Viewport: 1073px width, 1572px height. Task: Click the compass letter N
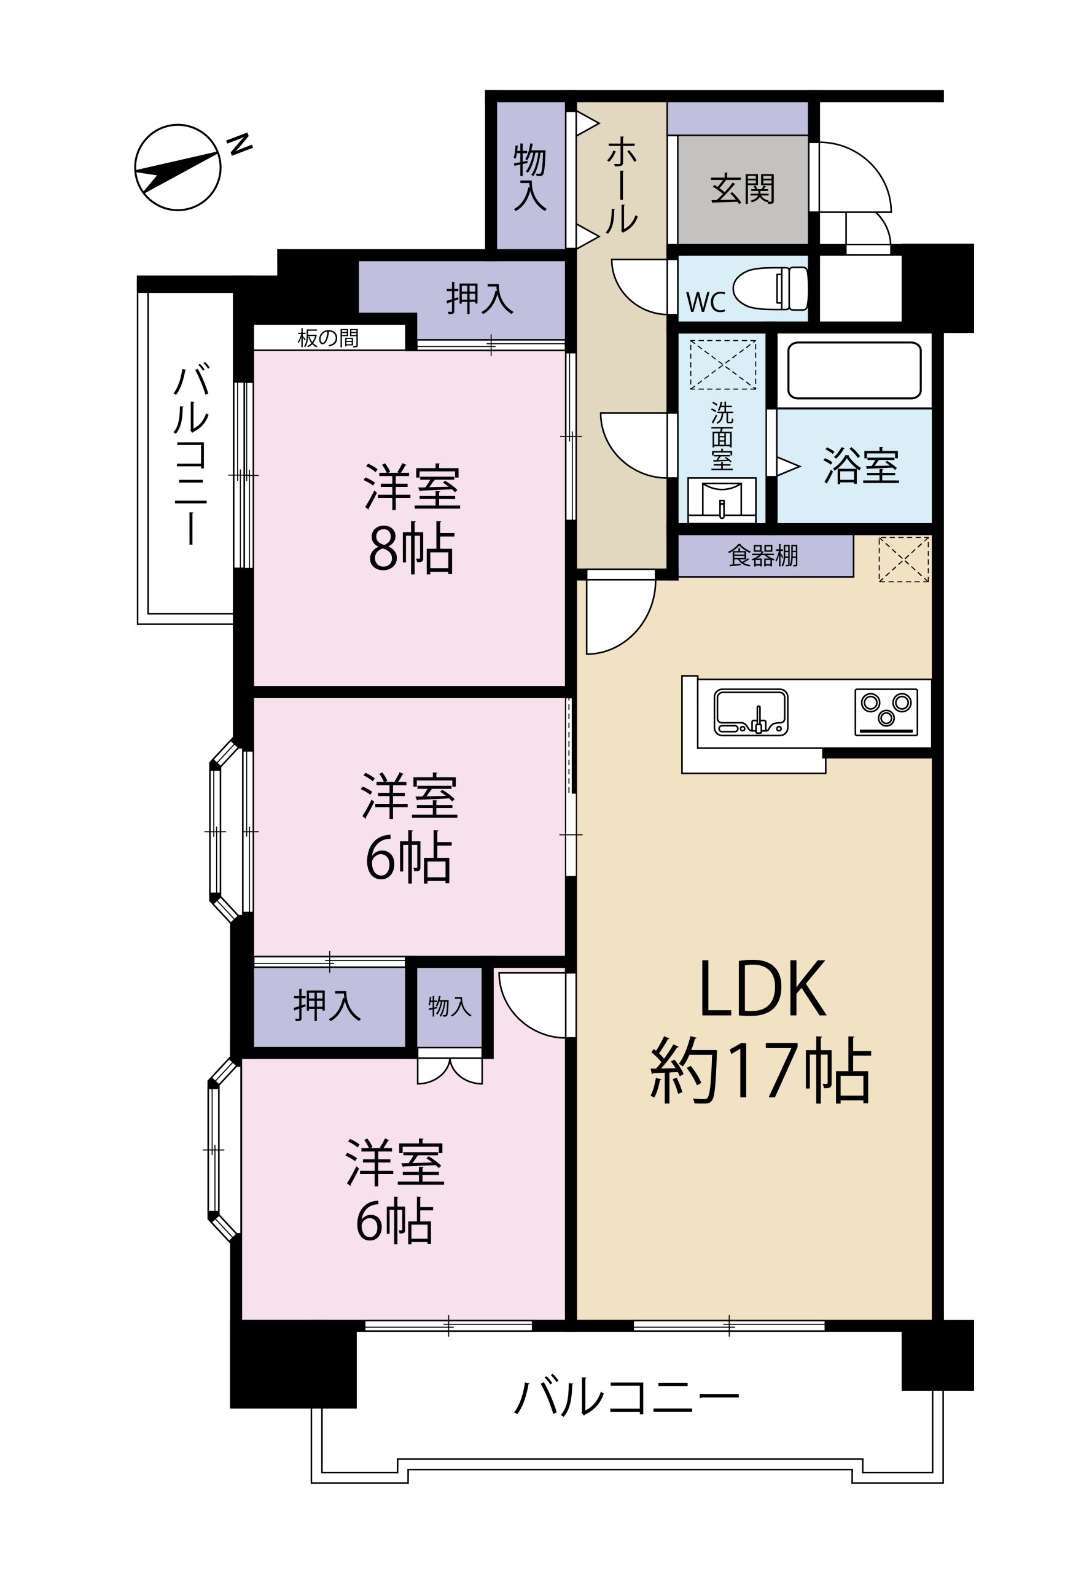tap(240, 144)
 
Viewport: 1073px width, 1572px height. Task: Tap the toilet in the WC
tap(771, 288)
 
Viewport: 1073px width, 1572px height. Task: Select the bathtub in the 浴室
tap(854, 370)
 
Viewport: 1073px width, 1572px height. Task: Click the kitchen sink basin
tap(751, 712)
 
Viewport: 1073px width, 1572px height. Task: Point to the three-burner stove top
tap(886, 712)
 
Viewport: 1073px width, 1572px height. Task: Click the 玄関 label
tap(742, 189)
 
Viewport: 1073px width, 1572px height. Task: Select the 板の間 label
tap(328, 338)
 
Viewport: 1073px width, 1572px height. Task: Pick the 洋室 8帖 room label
tap(412, 518)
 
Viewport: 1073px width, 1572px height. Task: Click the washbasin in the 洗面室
tap(722, 500)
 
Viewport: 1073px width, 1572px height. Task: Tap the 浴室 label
tap(860, 465)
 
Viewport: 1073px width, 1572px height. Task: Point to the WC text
tap(706, 302)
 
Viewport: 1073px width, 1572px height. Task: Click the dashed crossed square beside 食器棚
tap(903, 559)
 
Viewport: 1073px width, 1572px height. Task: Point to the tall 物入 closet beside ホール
tap(531, 175)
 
